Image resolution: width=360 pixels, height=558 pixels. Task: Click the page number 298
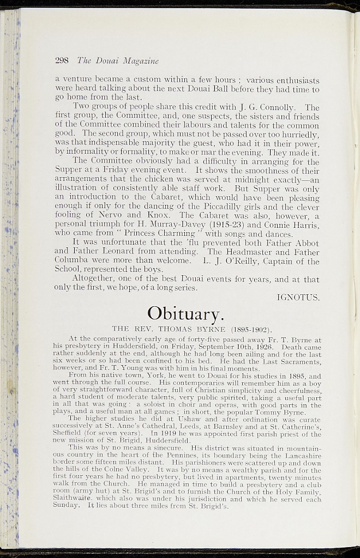tap(63, 60)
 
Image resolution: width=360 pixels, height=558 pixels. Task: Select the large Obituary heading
tap(185, 313)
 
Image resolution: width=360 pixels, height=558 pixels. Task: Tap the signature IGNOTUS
tap(298, 298)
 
